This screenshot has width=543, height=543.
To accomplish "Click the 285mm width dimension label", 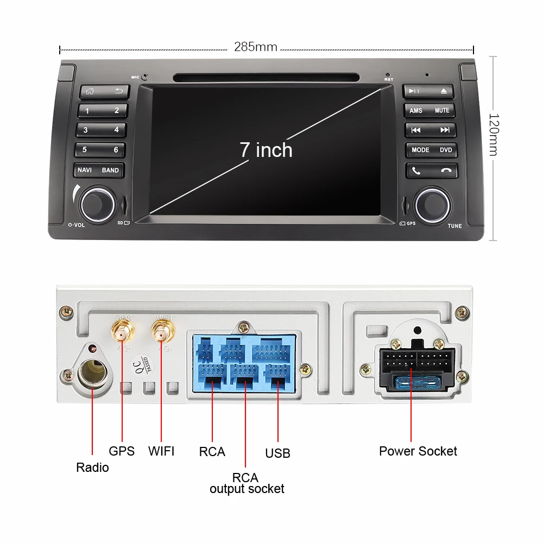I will (x=256, y=47).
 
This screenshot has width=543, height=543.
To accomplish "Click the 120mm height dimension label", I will (x=493, y=135).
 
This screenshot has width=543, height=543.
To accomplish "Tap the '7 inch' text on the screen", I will (x=266, y=150).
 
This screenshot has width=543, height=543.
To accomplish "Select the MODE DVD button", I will (x=431, y=150).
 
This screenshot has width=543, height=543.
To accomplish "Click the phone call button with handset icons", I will (x=431, y=171).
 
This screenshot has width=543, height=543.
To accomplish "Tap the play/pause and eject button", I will (x=430, y=91).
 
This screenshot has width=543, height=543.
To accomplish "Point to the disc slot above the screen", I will (x=266, y=78).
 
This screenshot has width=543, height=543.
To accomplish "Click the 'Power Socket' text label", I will (x=418, y=451).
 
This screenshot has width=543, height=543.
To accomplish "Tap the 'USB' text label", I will (x=277, y=453).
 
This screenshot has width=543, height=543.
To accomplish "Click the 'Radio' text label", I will (x=92, y=468).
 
